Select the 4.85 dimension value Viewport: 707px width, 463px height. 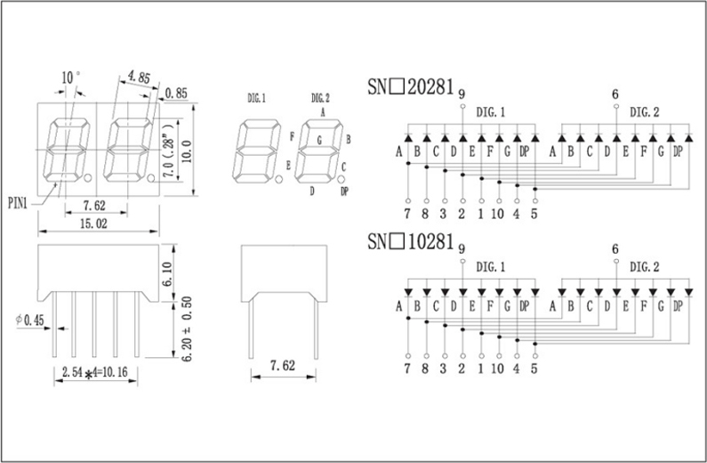point(138,77)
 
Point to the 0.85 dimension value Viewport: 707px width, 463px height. point(176,92)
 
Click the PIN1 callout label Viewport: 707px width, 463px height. point(18,202)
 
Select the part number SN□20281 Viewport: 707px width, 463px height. point(411,87)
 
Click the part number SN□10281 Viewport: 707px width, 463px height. point(411,242)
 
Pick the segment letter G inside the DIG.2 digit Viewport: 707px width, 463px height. point(318,140)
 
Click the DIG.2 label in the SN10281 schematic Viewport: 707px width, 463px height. point(645,266)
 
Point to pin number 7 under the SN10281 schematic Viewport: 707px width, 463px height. point(406,368)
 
